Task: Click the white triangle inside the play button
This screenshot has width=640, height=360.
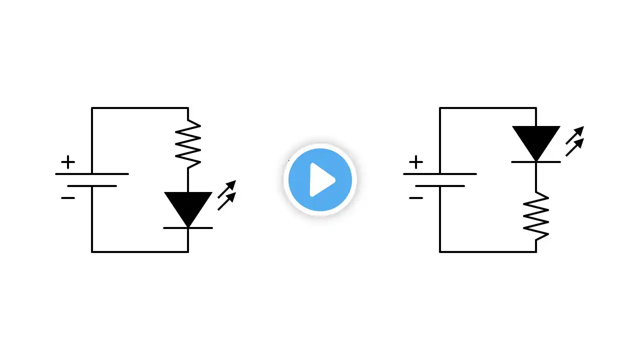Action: click(x=321, y=179)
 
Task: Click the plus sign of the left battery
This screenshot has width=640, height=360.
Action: click(x=68, y=162)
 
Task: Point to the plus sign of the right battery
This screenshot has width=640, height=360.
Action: click(x=416, y=162)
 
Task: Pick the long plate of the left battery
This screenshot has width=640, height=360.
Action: click(x=92, y=174)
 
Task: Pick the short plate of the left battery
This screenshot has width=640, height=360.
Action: click(x=92, y=186)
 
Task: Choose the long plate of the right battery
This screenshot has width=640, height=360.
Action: click(x=440, y=174)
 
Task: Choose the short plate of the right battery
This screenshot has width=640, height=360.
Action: click(x=440, y=186)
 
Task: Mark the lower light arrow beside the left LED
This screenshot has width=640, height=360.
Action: click(x=227, y=201)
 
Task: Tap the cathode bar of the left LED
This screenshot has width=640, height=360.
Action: click(x=188, y=228)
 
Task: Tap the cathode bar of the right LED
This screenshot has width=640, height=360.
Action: click(x=536, y=162)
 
